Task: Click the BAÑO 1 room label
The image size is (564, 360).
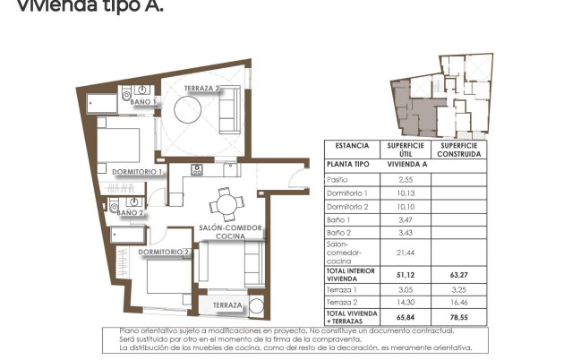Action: pos(144,103)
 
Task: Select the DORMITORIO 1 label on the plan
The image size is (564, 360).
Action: pos(137,171)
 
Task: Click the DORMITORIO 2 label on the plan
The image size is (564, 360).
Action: pos(165,253)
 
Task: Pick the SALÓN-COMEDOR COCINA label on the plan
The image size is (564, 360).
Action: pos(230,232)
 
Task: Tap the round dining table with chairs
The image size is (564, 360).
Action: pos(226,205)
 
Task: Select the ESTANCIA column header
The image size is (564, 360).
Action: pos(352,145)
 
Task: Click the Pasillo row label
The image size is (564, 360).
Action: pos(338,180)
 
